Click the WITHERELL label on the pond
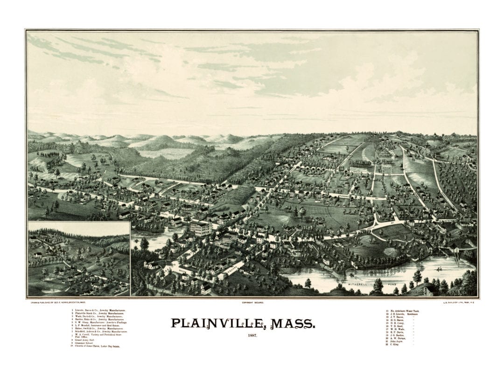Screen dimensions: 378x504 [358, 284]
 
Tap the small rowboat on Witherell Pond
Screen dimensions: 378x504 [439, 269]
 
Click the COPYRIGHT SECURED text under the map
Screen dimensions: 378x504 [252, 302]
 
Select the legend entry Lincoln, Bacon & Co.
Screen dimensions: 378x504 [93, 310]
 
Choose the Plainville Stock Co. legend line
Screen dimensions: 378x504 [94, 313]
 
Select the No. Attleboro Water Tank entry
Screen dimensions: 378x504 [406, 310]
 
